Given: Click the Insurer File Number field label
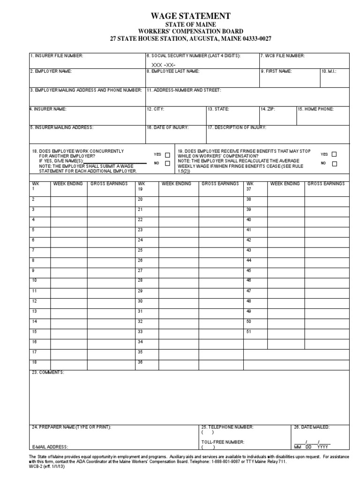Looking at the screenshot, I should [57, 56].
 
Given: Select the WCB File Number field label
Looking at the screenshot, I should [283, 56].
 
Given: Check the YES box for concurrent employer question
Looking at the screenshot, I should [167, 155].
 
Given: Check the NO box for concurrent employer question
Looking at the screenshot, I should [167, 164].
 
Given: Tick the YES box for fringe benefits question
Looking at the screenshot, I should [334, 154].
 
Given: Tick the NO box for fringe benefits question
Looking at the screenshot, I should [334, 164].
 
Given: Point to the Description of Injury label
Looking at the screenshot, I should [237, 127].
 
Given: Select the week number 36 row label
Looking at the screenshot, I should [140, 362].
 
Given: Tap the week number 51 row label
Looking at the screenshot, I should [249, 331].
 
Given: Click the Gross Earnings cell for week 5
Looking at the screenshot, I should [111, 230].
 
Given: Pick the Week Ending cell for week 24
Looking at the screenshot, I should [179, 240].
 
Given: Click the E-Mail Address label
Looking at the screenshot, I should [50, 447].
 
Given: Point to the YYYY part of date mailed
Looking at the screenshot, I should [323, 447].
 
